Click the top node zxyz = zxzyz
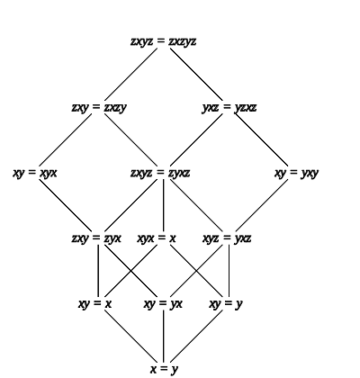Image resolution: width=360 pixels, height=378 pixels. [164, 41]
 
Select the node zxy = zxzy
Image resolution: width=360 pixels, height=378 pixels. [99, 107]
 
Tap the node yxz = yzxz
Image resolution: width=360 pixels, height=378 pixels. [229, 107]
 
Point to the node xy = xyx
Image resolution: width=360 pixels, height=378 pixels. [35, 173]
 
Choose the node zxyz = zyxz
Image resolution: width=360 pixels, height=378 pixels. [160, 173]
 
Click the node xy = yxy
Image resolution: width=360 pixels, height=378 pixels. [296, 173]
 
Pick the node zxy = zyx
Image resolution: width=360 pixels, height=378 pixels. [96, 238]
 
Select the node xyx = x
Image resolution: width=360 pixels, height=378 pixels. [157, 238]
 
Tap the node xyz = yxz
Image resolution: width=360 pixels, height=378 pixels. [227, 238]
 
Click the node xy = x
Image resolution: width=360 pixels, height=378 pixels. [94, 304]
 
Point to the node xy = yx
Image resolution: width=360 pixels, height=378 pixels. [163, 304]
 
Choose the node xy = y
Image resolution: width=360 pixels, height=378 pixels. [226, 304]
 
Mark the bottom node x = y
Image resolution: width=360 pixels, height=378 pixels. [164, 369]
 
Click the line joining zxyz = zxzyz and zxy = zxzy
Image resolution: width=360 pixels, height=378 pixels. [130, 75]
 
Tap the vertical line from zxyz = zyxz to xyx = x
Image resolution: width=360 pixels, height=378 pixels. [164, 206]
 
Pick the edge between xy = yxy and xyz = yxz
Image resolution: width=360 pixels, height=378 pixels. [262, 206]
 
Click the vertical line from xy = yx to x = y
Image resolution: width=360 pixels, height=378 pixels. [164, 337]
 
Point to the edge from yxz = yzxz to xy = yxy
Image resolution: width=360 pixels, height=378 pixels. [262, 140]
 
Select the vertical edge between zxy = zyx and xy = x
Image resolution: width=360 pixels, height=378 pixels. [98, 272]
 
